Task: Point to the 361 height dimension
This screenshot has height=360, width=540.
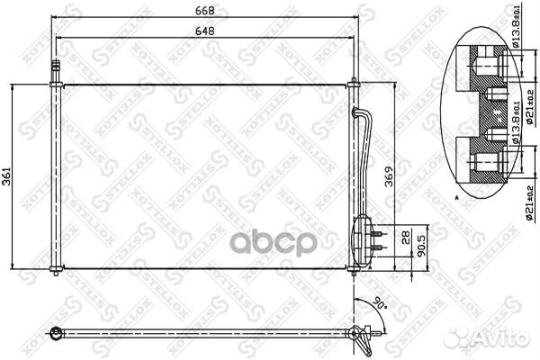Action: [8, 177]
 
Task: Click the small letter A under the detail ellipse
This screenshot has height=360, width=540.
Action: [457, 195]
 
